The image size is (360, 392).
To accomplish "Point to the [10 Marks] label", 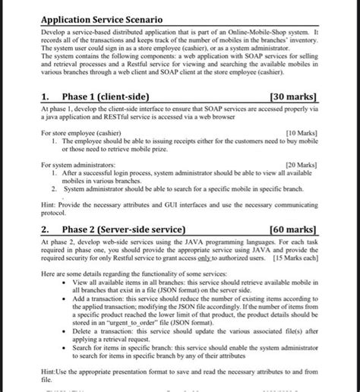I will (x=301, y=132).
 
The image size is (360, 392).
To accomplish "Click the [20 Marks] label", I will (x=301, y=164).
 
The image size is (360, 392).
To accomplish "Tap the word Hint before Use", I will (x=49, y=371).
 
